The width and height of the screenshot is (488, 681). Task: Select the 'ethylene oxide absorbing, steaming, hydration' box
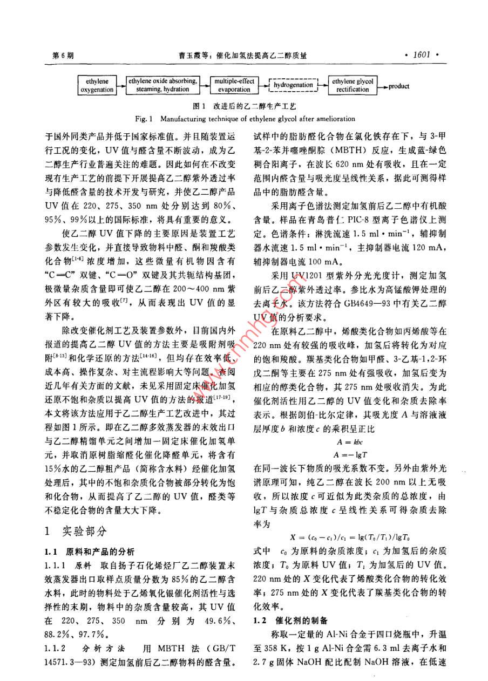[x=162, y=86]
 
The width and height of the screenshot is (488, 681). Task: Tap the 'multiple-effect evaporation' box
[x=234, y=86]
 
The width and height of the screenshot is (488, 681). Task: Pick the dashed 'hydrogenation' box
[x=293, y=85]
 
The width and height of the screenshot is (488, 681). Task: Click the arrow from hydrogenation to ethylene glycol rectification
[x=322, y=85]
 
